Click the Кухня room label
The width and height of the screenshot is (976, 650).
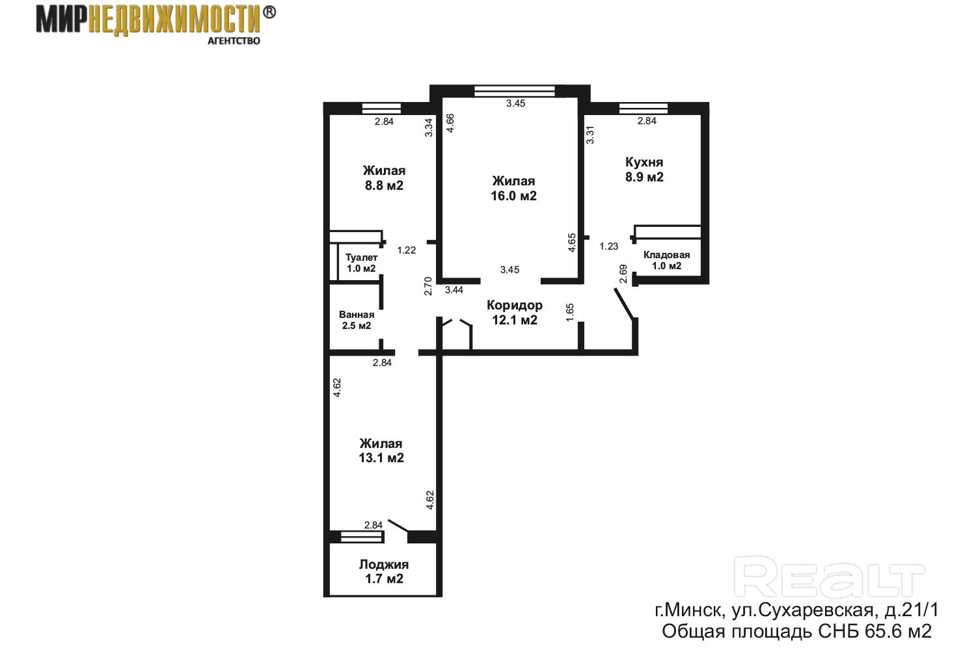click(x=644, y=162)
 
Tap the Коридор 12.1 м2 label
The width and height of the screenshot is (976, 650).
click(x=515, y=313)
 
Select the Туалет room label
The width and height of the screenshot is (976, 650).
click(x=361, y=258)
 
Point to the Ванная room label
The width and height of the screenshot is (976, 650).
click(x=357, y=315)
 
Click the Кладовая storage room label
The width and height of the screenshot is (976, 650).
click(x=667, y=255)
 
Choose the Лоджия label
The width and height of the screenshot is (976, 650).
click(x=384, y=565)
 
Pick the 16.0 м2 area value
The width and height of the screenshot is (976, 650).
click(x=514, y=196)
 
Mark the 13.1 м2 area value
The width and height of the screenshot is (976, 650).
click(x=381, y=458)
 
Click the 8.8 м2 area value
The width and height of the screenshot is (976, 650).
click(x=384, y=186)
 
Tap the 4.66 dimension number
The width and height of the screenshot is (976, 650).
click(x=450, y=123)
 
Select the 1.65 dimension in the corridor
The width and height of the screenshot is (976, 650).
click(x=570, y=313)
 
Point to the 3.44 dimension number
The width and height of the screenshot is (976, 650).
click(x=454, y=290)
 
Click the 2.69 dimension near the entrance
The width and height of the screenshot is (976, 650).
click(x=623, y=274)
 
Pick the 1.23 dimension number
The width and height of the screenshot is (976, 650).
click(x=608, y=246)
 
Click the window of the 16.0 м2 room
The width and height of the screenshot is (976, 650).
click(x=515, y=91)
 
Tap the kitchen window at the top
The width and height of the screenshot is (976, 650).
click(x=644, y=108)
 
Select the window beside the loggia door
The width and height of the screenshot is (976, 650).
click(x=360, y=538)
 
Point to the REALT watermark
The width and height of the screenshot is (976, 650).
click(x=829, y=577)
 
